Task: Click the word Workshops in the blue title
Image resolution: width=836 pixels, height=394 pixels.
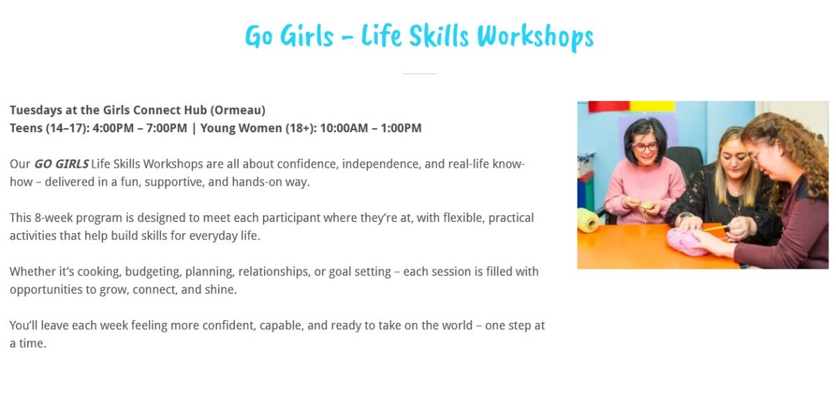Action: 535,37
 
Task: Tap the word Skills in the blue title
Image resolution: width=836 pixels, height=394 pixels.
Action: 439,36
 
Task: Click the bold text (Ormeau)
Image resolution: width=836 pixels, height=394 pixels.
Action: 238,111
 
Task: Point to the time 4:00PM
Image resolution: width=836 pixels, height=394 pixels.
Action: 114,128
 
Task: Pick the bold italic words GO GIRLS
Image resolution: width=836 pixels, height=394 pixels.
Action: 61,164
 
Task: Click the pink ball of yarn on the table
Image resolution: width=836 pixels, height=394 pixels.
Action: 688,242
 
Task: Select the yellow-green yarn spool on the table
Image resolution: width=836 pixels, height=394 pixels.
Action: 588,220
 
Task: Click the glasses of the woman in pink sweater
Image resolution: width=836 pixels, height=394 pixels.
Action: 645,147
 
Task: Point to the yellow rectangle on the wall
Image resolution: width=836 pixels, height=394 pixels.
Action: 652,107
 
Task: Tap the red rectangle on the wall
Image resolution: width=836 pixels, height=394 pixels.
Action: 609,107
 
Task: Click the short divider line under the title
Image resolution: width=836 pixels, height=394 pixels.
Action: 419,74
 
